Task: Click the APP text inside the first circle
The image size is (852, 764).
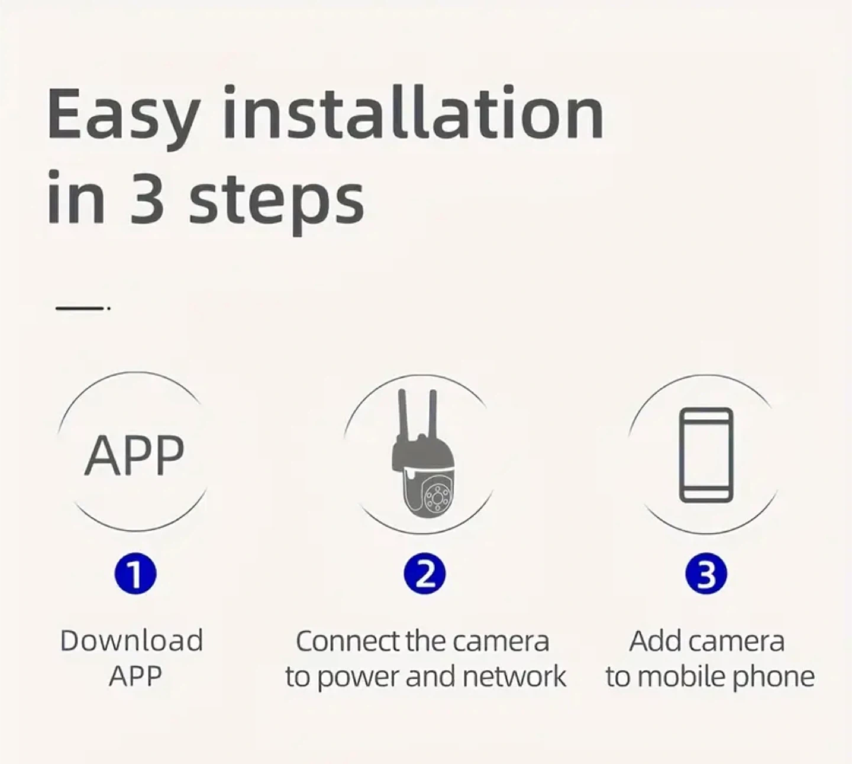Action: click(134, 455)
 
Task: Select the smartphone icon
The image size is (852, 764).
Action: click(706, 455)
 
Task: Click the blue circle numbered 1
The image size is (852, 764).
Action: click(135, 574)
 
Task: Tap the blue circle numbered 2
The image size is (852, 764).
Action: click(424, 574)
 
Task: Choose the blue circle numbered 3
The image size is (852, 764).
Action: click(706, 574)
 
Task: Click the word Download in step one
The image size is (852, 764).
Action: click(131, 641)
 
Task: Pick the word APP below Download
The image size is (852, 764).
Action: click(135, 676)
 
